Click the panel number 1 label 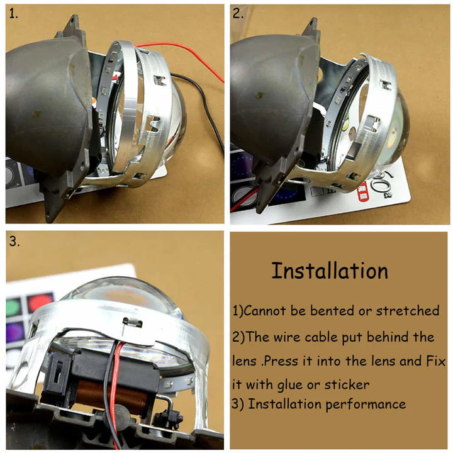(13, 14)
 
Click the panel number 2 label (238, 14)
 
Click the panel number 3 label (14, 241)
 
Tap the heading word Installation (330, 271)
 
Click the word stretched (408, 311)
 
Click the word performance (366, 405)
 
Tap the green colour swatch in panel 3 (13, 307)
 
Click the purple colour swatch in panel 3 (14, 332)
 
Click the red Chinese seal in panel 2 (363, 193)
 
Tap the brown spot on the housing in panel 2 (259, 96)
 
